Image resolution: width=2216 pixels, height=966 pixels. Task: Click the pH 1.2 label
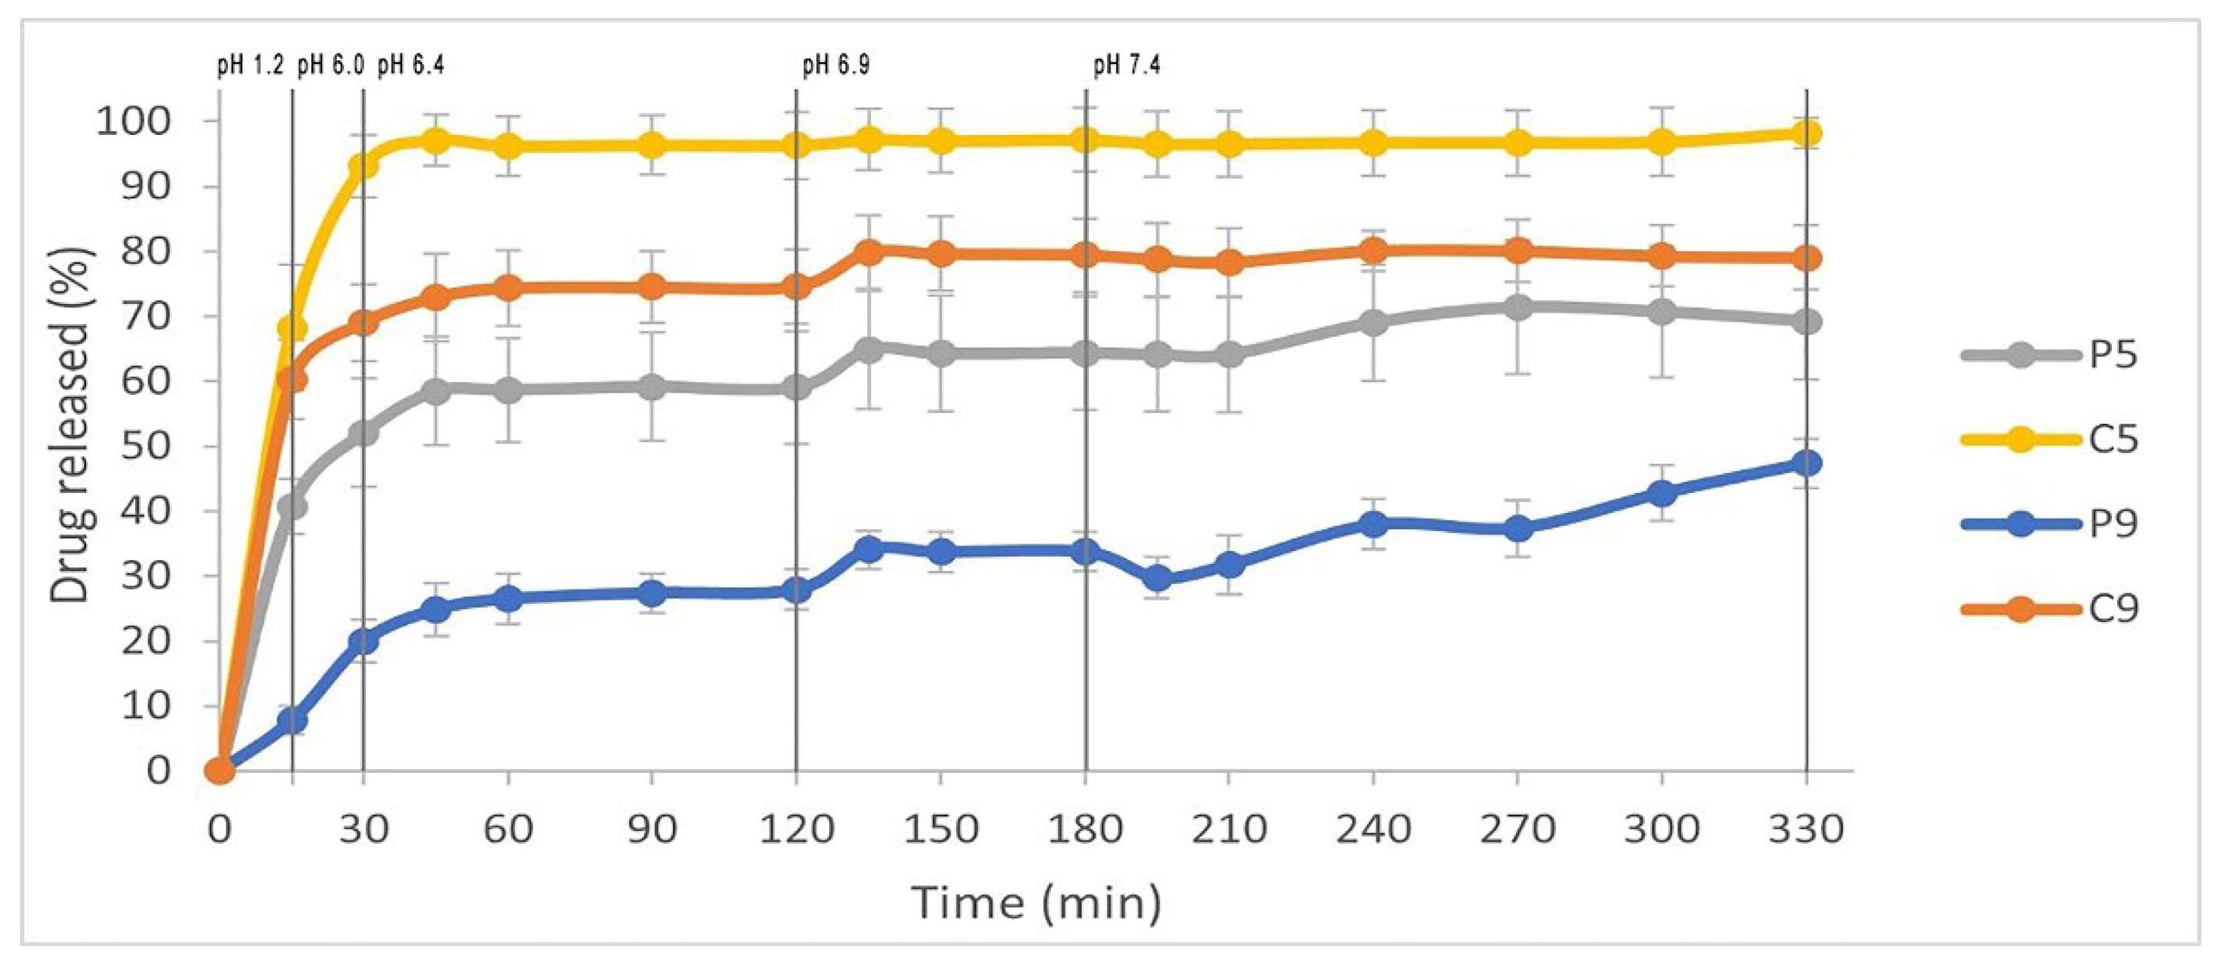(x=251, y=65)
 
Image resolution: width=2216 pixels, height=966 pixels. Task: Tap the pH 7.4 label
(x=1127, y=65)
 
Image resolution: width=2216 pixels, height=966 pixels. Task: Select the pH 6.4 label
(x=411, y=65)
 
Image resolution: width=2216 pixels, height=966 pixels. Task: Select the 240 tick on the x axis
(x=1373, y=829)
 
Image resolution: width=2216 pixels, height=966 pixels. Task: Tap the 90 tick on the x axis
(x=652, y=829)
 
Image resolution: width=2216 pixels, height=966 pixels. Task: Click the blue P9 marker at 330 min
(x=1806, y=463)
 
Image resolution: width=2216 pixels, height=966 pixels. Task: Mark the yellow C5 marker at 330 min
(x=1806, y=134)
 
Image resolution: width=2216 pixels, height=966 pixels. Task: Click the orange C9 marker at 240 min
(x=1374, y=251)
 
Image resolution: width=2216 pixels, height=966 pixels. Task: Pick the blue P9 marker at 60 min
(x=508, y=599)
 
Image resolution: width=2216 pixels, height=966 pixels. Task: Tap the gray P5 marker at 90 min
(x=653, y=386)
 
